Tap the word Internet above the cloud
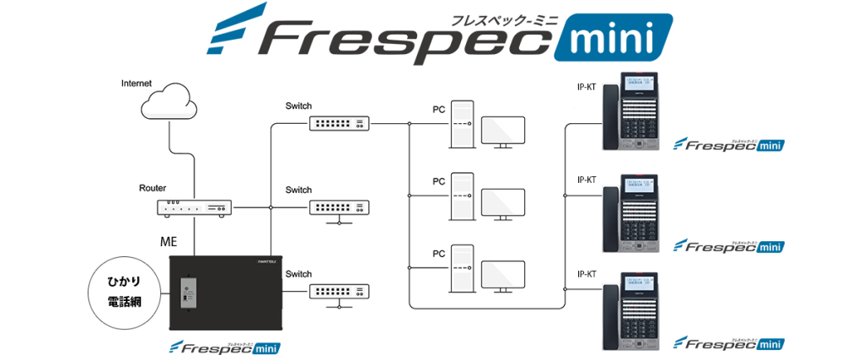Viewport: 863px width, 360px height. point(137,83)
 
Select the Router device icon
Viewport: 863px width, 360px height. point(194,206)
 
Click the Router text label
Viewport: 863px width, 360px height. point(153,187)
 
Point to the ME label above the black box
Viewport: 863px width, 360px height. point(169,242)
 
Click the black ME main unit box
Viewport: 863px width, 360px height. point(224,294)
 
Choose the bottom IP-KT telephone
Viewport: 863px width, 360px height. point(639,310)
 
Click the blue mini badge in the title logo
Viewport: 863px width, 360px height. point(613,38)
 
